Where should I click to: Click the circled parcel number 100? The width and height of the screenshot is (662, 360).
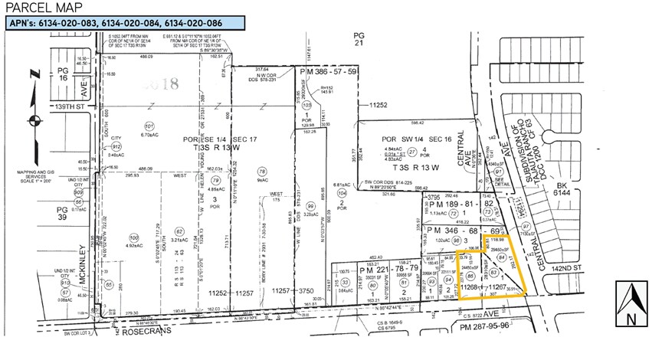(x=133, y=237)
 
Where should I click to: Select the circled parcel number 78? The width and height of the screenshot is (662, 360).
(x=262, y=172)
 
